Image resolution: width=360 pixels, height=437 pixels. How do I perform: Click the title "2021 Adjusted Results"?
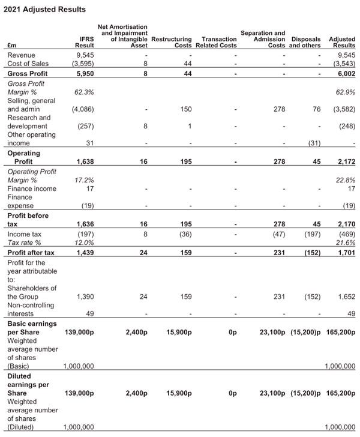44,9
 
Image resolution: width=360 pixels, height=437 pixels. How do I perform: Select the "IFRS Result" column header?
84,42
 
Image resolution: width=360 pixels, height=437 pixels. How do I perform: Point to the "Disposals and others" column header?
306,42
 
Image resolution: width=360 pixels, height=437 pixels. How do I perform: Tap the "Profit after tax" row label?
31,253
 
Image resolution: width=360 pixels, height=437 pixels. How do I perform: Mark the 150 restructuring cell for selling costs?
185,109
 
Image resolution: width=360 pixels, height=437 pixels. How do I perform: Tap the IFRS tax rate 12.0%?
84,243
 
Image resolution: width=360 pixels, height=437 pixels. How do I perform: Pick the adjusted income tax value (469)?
345,234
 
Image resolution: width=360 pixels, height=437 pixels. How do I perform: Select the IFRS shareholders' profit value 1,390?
85,297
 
